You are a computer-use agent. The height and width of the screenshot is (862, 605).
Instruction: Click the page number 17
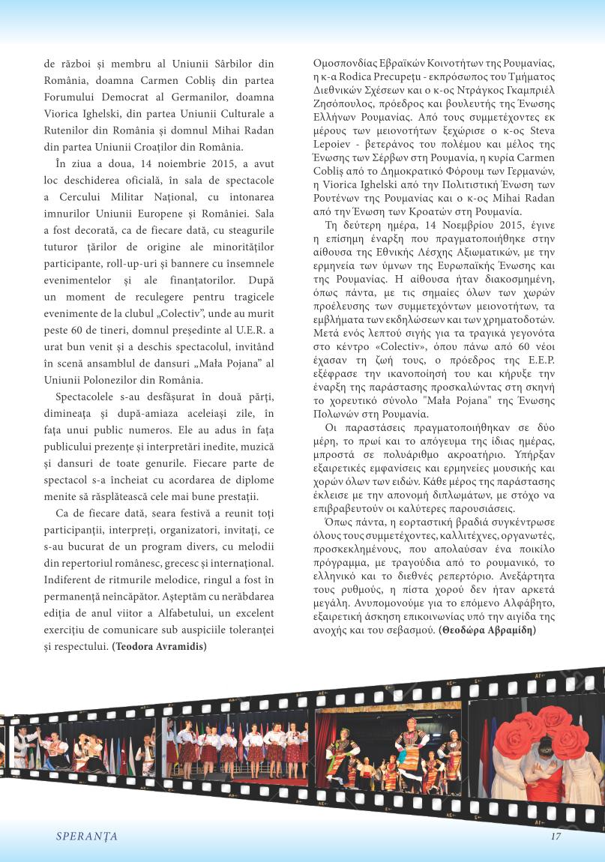click(556, 836)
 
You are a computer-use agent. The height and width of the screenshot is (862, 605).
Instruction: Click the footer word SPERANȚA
click(87, 836)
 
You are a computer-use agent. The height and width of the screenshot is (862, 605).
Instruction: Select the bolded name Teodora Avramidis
click(160, 645)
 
